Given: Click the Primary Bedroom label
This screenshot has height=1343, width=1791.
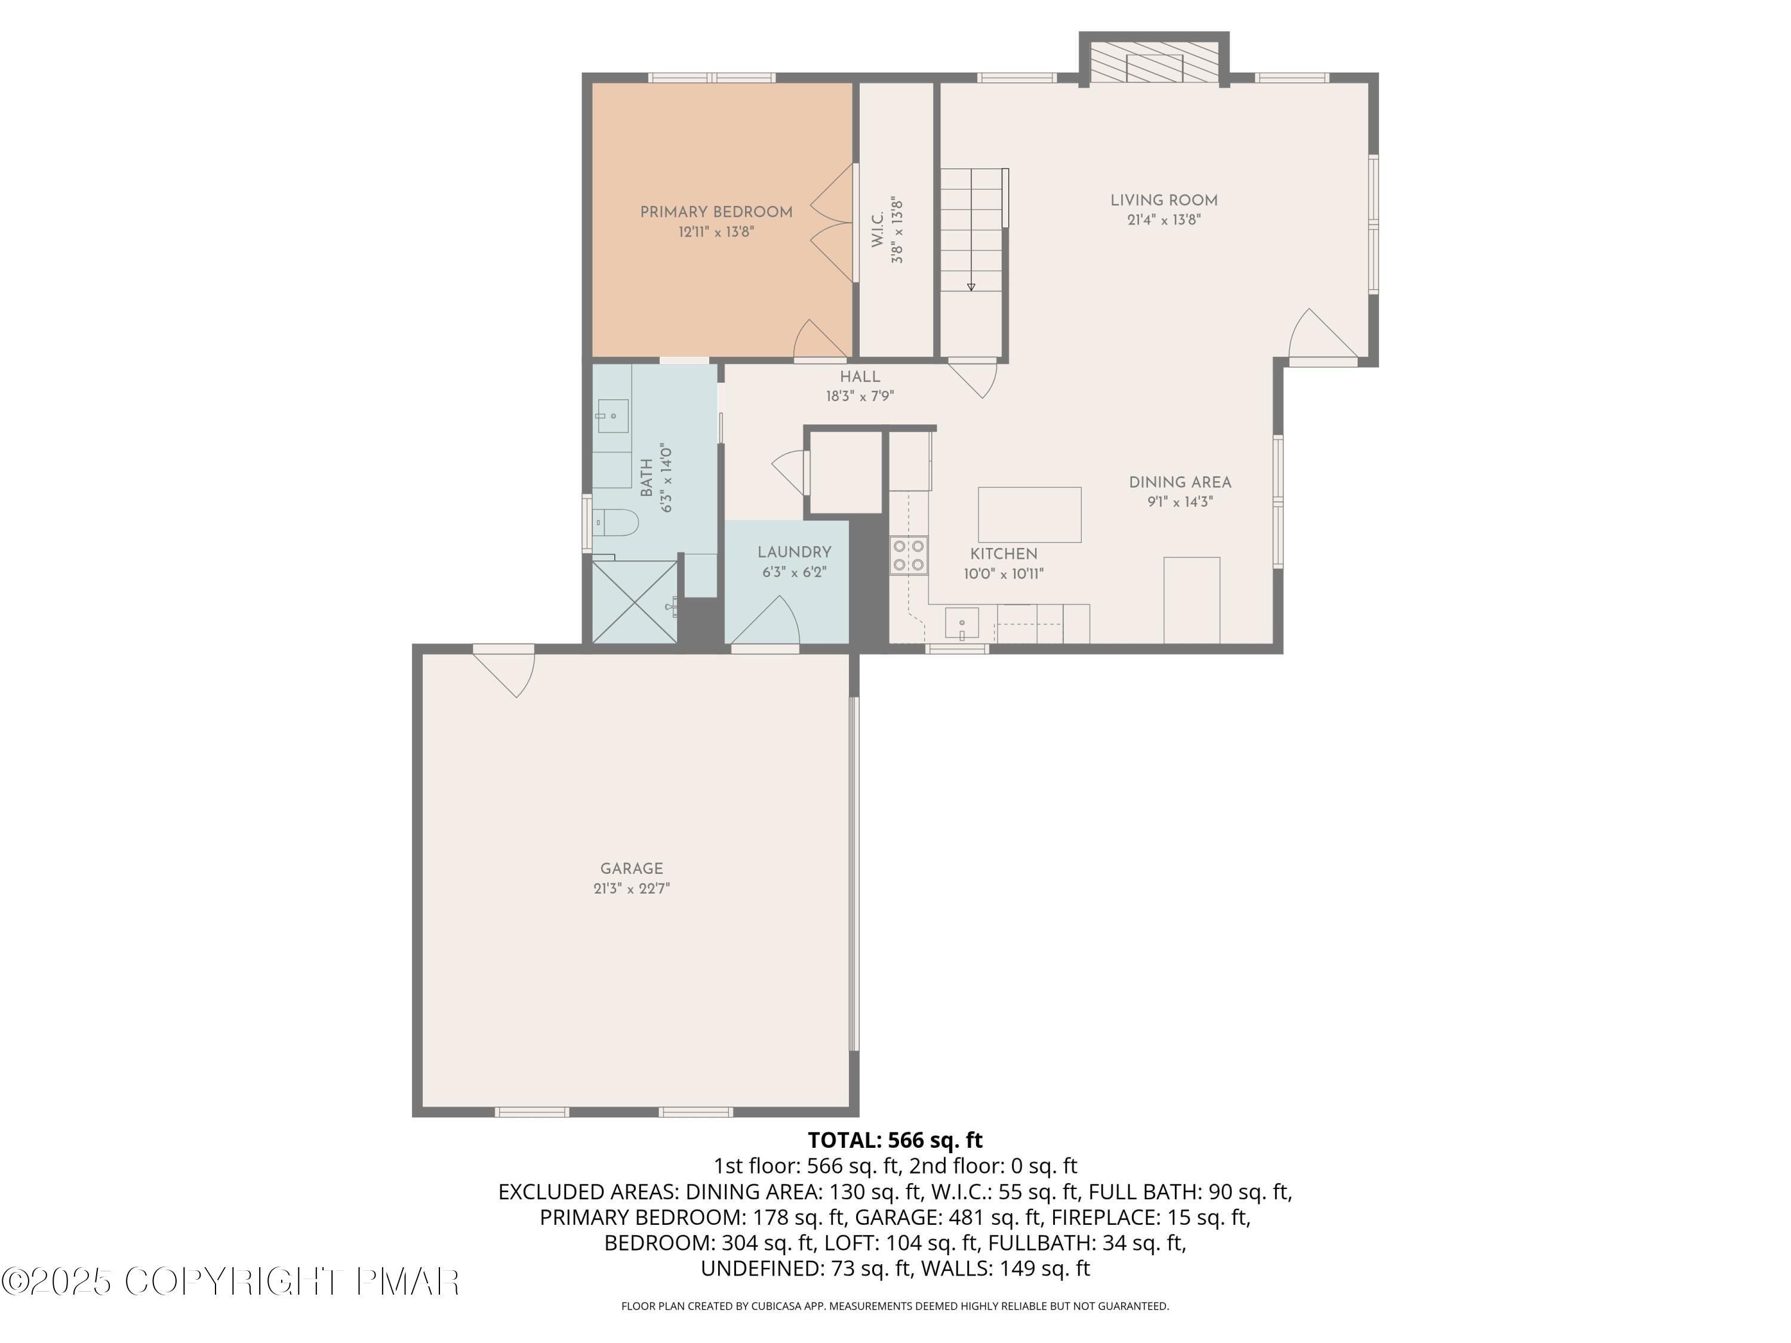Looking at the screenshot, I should tap(716, 212).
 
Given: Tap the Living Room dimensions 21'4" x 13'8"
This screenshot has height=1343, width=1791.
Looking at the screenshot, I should tap(1164, 220).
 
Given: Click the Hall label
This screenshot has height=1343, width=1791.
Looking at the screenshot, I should tap(860, 377).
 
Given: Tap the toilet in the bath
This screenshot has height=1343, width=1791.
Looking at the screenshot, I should tap(617, 522).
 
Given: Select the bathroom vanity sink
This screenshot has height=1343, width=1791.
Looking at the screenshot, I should tap(613, 416).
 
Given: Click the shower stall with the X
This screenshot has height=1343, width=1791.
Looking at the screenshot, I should tap(634, 602).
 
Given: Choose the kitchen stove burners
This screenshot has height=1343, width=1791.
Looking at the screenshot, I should tap(909, 555).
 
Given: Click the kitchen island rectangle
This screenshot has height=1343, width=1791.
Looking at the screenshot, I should tap(1029, 514).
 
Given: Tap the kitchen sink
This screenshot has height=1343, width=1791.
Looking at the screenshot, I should tap(962, 623).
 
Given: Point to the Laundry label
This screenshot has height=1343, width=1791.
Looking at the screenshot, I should tap(794, 552).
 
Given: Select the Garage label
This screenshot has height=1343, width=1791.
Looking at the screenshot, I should tap(632, 868).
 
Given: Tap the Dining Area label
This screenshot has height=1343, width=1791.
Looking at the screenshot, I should tap(1180, 482).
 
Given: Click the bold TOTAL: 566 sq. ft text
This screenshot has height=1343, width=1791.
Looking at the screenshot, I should tap(895, 1140).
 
